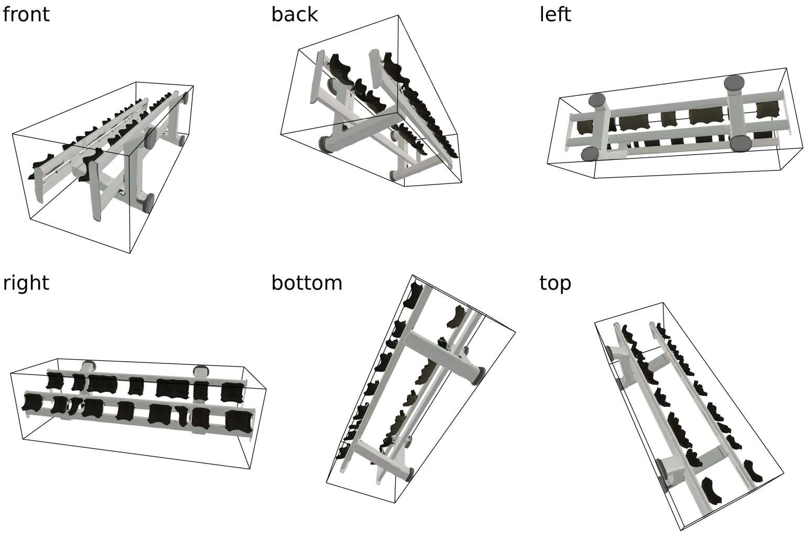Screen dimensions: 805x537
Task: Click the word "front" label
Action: point(26,15)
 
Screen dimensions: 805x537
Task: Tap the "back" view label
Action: point(295,15)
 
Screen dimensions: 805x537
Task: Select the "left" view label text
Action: point(555,15)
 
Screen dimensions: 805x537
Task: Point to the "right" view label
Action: point(26,283)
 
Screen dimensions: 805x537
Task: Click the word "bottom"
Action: point(307,283)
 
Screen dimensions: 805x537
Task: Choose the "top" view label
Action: point(555,284)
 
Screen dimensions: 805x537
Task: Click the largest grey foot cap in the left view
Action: point(734,83)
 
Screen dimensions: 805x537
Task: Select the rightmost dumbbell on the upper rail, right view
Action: point(232,392)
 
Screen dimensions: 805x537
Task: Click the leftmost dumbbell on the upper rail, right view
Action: point(55,381)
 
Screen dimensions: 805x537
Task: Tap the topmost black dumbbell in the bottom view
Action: point(415,295)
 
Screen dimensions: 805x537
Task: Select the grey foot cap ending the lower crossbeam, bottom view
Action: point(409,475)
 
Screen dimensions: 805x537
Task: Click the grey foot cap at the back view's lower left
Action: point(325,144)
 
